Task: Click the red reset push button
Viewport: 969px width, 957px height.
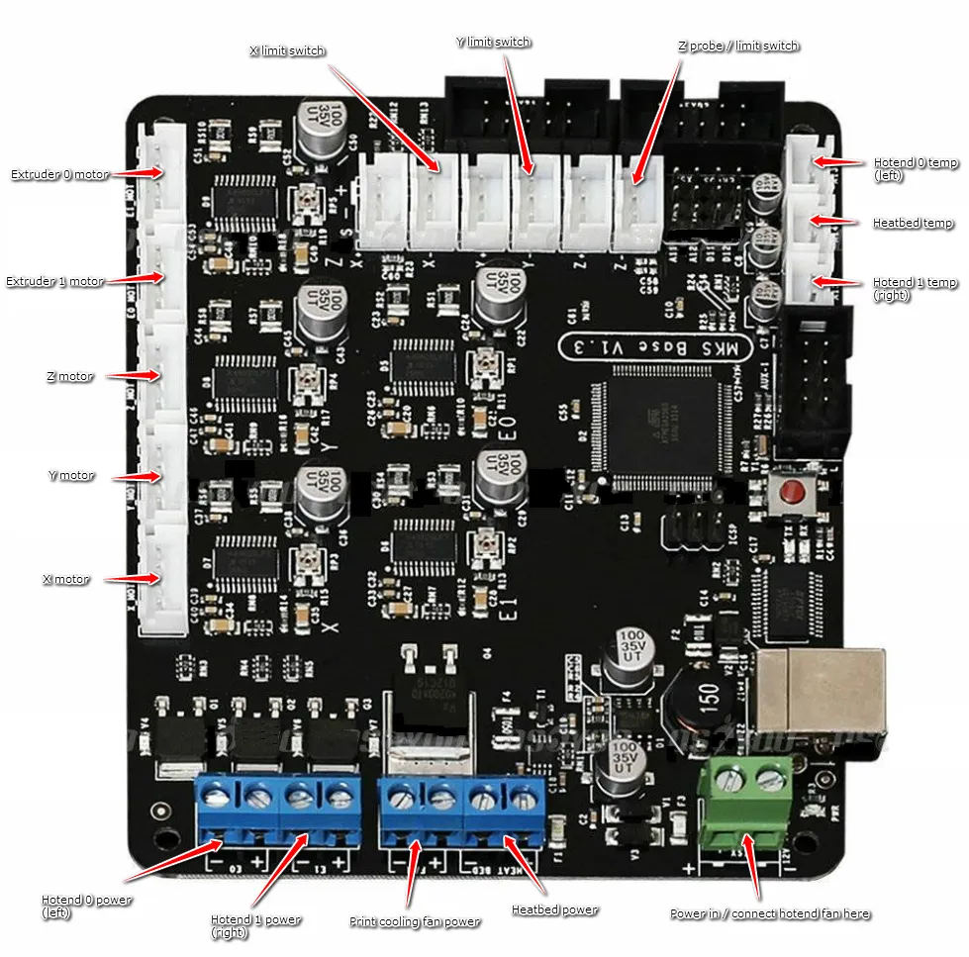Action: [x=792, y=492]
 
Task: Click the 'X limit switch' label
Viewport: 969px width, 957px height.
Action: [x=287, y=50]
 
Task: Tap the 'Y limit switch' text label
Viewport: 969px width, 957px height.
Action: [x=493, y=42]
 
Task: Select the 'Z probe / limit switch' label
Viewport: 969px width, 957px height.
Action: [x=738, y=46]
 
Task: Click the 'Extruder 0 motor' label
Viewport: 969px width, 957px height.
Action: [x=59, y=174]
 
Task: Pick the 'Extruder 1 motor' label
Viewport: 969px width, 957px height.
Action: [x=55, y=281]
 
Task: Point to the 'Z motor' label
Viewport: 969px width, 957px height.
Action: [x=69, y=377]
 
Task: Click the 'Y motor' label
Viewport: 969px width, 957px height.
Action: [x=71, y=475]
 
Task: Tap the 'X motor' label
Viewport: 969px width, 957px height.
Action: [x=66, y=579]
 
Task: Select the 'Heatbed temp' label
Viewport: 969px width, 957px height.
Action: [x=914, y=223]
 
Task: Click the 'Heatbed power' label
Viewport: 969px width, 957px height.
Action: [x=554, y=909]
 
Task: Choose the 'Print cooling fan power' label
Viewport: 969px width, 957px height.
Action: [x=415, y=921]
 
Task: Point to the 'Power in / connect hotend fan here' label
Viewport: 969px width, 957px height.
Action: [x=770, y=913]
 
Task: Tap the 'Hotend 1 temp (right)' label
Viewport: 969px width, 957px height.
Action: [x=915, y=288]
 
